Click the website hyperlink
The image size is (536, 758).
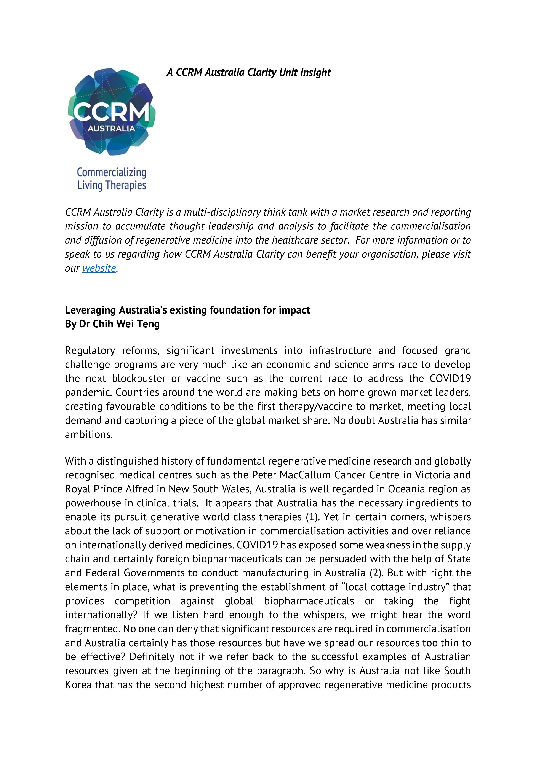pos(99,268)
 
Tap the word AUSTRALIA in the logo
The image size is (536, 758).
pos(111,128)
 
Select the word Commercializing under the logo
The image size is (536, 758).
pos(112,172)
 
